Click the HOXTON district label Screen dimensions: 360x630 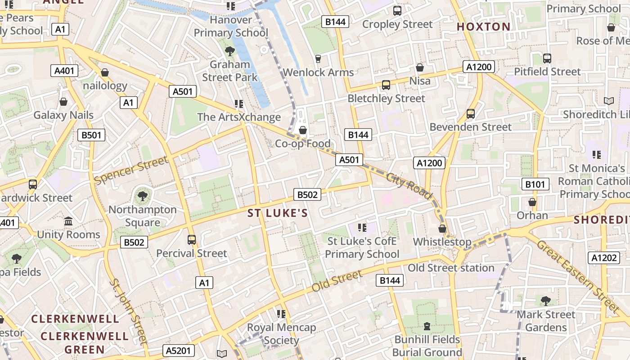484,27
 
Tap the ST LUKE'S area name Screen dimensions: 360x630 278,213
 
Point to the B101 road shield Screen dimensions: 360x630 535,184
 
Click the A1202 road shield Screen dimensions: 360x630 603,258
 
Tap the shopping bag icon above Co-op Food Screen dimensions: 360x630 303,130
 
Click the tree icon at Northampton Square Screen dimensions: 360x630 142,196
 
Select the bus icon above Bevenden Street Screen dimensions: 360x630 471,113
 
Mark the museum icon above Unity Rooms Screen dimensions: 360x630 68,221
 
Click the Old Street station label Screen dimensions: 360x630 451,268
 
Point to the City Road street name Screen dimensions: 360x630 409,186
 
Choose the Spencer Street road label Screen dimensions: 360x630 131,170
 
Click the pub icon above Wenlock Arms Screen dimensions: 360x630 318,58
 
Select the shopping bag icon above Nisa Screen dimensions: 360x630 420,67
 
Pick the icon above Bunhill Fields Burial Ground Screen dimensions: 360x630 427,326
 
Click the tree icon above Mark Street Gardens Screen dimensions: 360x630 545,301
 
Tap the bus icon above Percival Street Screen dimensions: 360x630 192,239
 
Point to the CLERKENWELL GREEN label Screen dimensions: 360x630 85,342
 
